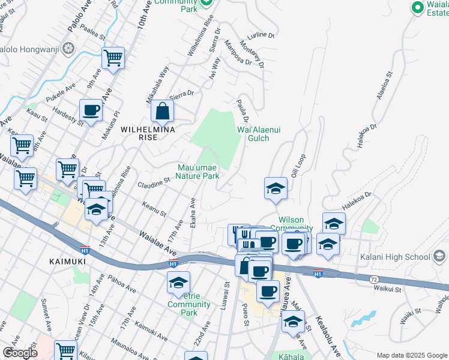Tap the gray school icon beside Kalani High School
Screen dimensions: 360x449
[x=439, y=257]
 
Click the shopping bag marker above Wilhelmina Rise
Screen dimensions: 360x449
[x=163, y=111]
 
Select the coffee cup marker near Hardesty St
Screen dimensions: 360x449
[x=91, y=110]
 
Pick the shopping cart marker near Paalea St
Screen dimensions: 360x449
[x=113, y=58]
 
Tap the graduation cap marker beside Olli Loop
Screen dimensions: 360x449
[x=276, y=188]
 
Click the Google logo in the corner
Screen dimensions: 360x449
[x=20, y=353]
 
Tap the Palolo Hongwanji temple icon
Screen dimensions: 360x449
[x=68, y=48]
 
